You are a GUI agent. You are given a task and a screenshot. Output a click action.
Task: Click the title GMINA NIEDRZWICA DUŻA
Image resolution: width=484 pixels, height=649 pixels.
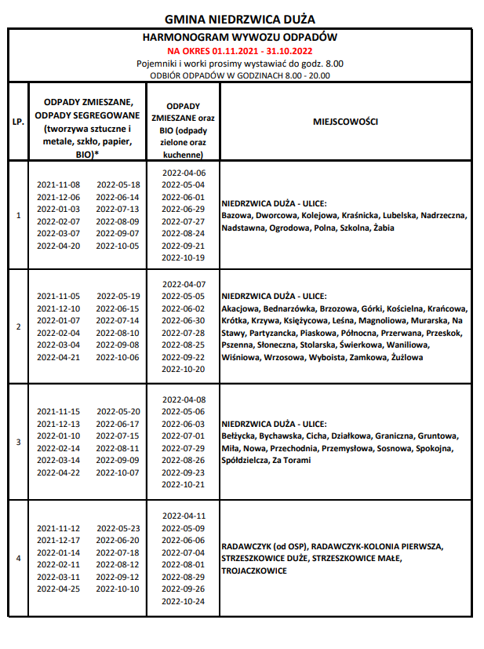241,19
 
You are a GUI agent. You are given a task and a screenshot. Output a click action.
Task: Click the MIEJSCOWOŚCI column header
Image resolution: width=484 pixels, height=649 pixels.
345,122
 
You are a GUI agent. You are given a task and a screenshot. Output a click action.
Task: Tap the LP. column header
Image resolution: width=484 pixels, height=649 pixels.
18,122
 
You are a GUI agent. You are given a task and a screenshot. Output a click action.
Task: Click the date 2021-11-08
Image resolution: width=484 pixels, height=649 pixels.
58,185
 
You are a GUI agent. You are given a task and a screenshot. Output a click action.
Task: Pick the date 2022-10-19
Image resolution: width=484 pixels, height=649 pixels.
183,258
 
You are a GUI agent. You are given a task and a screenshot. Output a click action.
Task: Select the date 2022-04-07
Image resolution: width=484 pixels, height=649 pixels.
183,283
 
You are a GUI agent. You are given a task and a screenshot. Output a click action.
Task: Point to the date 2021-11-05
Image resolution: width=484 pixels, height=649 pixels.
58,296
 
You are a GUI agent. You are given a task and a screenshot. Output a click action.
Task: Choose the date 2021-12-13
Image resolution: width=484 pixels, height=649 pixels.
58,424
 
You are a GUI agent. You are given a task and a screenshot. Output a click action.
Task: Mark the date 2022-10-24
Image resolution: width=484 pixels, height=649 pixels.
183,602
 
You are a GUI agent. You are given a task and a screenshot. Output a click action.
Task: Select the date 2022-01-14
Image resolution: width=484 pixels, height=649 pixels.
58,552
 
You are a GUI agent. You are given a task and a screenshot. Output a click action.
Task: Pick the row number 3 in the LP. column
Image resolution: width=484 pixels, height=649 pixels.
18,442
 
